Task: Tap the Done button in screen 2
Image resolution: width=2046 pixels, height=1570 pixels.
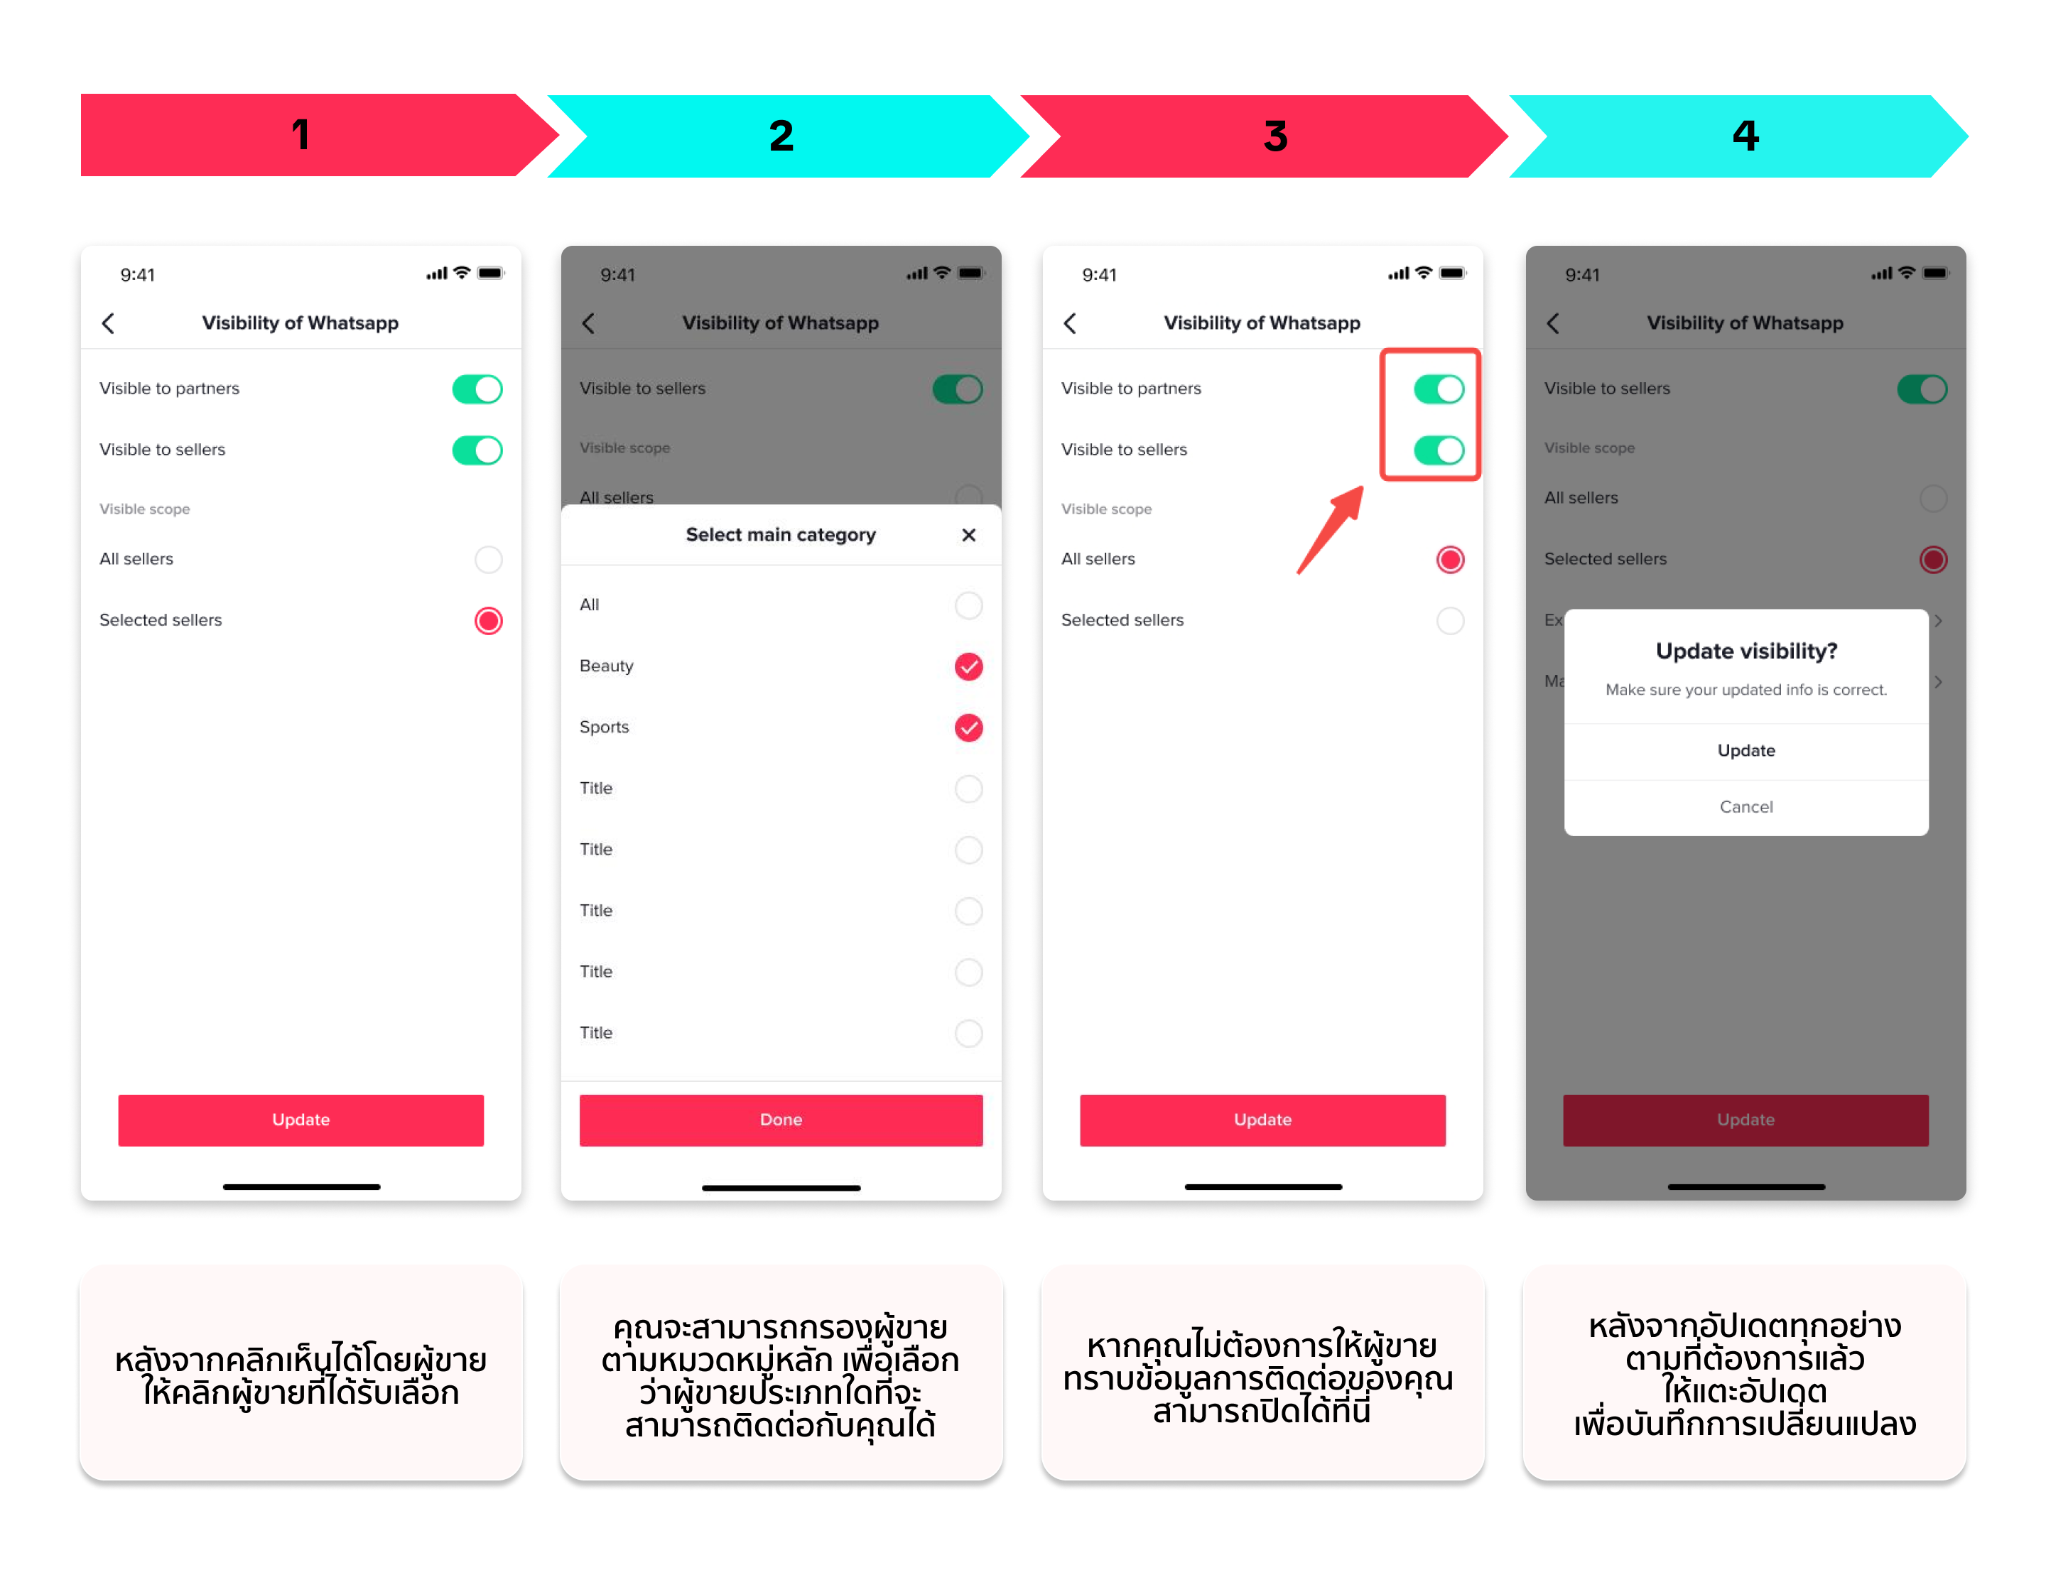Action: click(x=781, y=1119)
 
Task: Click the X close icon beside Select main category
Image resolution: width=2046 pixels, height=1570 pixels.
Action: click(x=968, y=534)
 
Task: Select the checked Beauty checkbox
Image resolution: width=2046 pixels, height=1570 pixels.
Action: click(x=968, y=666)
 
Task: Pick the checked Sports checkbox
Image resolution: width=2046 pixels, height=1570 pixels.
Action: click(x=968, y=727)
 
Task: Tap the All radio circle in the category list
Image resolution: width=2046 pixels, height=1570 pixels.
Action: click(x=968, y=605)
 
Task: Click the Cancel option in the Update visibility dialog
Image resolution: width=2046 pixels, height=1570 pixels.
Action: click(x=1745, y=806)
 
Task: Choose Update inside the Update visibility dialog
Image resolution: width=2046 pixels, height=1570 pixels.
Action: click(x=1745, y=750)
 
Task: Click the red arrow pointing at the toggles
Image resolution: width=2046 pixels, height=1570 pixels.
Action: click(x=1329, y=530)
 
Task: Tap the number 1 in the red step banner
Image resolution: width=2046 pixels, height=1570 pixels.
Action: click(x=300, y=134)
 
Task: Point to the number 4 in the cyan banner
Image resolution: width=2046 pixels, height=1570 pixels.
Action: click(x=1745, y=136)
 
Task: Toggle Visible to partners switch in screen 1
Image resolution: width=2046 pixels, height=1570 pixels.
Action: click(x=477, y=389)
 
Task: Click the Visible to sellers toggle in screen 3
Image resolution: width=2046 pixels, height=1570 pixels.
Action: click(x=1439, y=450)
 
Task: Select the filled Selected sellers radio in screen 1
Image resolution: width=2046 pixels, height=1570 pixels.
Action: click(x=488, y=620)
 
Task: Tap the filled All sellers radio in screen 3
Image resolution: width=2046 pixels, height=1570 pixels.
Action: click(x=1450, y=560)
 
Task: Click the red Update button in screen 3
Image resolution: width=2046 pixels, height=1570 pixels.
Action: click(x=1262, y=1119)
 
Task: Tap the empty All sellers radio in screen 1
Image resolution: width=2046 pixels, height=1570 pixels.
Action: click(x=488, y=560)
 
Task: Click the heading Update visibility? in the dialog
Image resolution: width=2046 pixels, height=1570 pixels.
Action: click(x=1745, y=651)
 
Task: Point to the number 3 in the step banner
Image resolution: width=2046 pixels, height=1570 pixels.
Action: click(x=1275, y=136)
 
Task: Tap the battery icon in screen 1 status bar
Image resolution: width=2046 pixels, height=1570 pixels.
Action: click(x=489, y=273)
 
